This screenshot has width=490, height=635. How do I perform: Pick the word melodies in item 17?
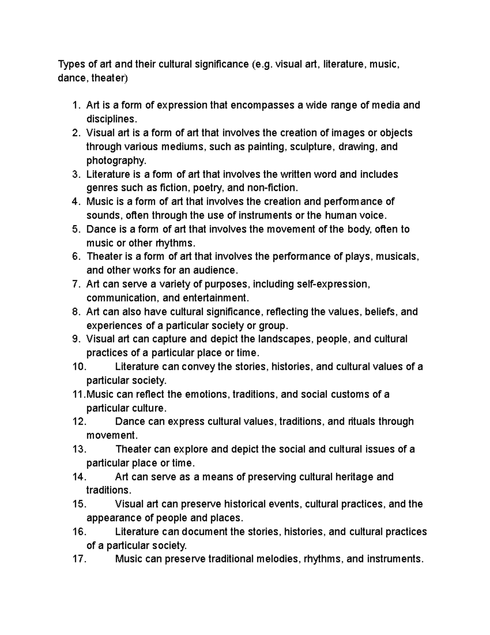coord(277,559)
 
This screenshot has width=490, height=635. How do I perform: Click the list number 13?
coord(79,449)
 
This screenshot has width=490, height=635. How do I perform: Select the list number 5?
coord(76,229)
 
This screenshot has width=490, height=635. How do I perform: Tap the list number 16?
coord(79,532)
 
